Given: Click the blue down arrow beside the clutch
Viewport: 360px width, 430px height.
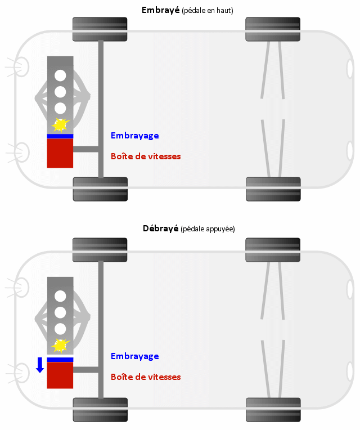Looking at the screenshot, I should pyautogui.click(x=40, y=364).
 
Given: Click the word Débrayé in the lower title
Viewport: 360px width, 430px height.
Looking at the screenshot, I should pyautogui.click(x=160, y=229).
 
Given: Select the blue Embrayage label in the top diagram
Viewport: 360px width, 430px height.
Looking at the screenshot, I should pyautogui.click(x=134, y=136).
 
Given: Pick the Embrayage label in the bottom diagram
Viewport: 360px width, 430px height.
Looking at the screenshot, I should pyautogui.click(x=134, y=356).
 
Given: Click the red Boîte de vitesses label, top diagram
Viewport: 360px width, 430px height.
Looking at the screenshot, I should pyautogui.click(x=146, y=156).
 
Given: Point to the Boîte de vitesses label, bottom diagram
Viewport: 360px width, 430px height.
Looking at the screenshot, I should pyautogui.click(x=146, y=377).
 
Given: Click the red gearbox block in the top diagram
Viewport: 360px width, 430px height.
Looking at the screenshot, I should pyautogui.click(x=60, y=153).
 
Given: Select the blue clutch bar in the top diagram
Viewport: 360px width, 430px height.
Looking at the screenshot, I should pyautogui.click(x=60, y=136).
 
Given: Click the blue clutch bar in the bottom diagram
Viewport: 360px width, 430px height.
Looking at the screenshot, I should pyautogui.click(x=60, y=360).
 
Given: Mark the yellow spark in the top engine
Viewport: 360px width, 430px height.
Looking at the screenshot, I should pyautogui.click(x=60, y=124).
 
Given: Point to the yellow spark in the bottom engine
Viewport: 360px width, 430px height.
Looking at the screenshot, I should pyautogui.click(x=60, y=344).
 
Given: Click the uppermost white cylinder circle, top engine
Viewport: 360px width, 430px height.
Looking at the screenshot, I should pyautogui.click(x=60, y=75).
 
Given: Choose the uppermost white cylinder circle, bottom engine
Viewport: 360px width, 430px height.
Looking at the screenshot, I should pyautogui.click(x=60, y=295).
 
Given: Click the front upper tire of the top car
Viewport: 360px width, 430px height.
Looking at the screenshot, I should pyautogui.click(x=100, y=29).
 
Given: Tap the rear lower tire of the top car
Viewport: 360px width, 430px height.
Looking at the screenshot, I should pyautogui.click(x=273, y=189).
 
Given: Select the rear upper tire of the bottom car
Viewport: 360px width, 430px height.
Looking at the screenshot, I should pyautogui.click(x=273, y=250).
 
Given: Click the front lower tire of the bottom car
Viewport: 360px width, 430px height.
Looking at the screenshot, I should pyautogui.click(x=100, y=410).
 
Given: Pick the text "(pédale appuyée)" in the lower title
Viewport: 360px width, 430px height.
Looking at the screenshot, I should pyautogui.click(x=207, y=229).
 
